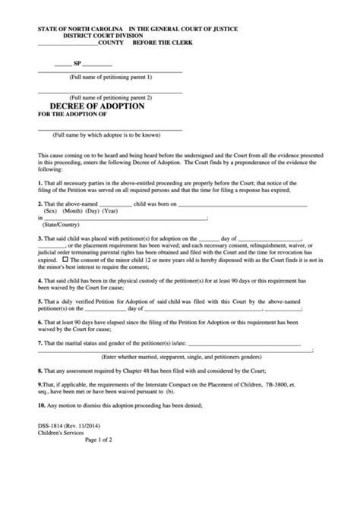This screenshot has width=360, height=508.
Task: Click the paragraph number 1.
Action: pos(39,183)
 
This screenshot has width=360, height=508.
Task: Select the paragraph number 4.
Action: pos(39,279)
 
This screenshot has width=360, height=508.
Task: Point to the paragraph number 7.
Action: pos(39,343)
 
